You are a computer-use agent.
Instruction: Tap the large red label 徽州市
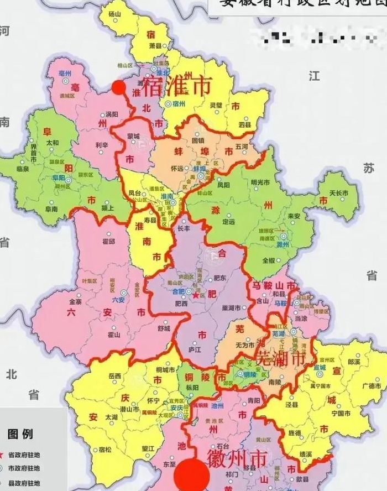click(237, 458)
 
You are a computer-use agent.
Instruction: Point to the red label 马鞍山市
click(274, 286)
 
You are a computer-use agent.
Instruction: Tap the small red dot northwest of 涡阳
click(118, 87)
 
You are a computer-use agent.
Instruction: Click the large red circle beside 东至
click(191, 475)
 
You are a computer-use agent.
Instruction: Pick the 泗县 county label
click(244, 125)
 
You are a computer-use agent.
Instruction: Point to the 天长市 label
click(339, 192)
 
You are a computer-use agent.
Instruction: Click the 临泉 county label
click(23, 169)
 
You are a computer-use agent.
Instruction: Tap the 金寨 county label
click(75, 302)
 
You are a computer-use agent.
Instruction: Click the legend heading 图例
click(20, 433)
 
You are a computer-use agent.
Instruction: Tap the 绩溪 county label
click(305, 454)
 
